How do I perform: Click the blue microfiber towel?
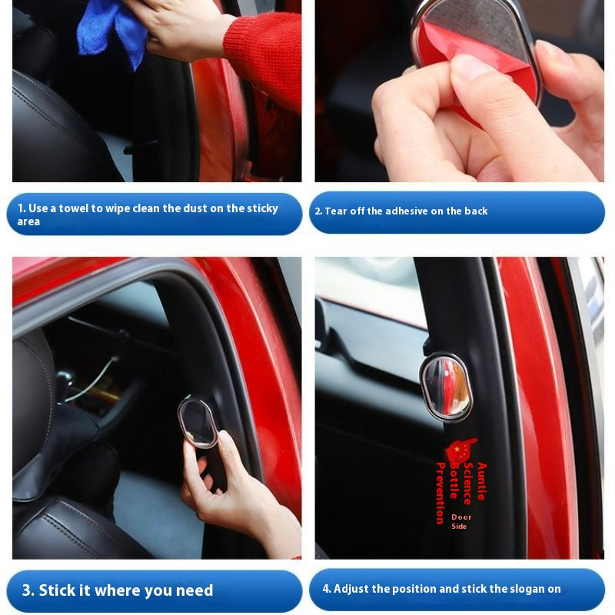(111, 33)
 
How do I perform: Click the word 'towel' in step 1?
(73, 208)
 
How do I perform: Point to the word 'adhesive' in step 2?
(407, 211)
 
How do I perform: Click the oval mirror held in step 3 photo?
(198, 422)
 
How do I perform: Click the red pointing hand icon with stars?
(462, 450)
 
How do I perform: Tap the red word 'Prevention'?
(440, 493)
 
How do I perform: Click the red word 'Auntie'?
(482, 481)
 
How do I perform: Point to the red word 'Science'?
(468, 484)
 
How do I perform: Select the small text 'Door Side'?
(460, 522)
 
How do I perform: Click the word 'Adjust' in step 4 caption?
(351, 589)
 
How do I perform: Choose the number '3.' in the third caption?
(28, 590)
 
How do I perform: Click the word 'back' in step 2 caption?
(476, 211)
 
